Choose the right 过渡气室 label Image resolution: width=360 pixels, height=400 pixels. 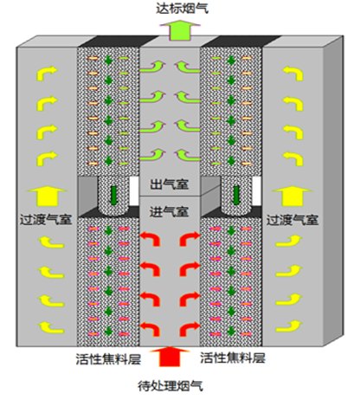[x=292, y=220]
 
